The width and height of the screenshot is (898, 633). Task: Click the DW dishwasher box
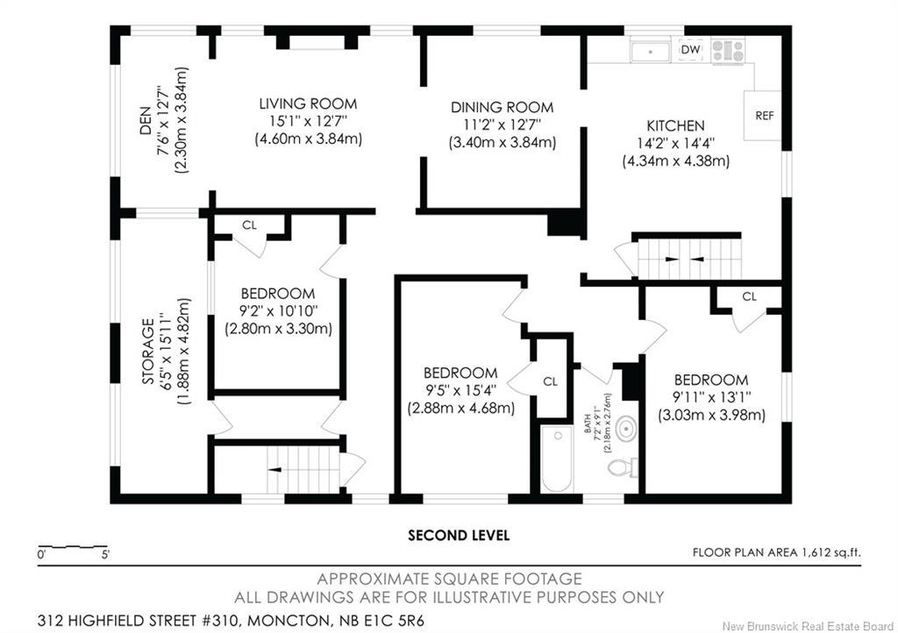click(691, 50)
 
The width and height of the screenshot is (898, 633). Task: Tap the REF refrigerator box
click(763, 116)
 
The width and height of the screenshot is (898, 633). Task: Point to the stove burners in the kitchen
click(728, 50)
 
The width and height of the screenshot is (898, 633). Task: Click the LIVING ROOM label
click(308, 103)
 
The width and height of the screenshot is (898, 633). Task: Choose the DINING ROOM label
click(502, 107)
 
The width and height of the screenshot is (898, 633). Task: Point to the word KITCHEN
click(675, 126)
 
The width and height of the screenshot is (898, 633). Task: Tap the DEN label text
click(146, 120)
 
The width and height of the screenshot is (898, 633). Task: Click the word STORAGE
click(147, 351)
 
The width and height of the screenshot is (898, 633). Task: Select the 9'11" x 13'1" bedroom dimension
click(712, 397)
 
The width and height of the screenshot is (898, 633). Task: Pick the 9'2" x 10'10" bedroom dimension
click(278, 310)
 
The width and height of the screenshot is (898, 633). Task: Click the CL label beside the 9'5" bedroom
click(550, 381)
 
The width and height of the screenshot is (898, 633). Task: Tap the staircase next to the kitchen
click(689, 259)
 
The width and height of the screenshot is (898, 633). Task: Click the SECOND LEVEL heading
click(458, 536)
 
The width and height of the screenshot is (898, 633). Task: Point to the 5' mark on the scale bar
click(105, 554)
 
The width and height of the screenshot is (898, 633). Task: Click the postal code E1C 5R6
click(397, 621)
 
